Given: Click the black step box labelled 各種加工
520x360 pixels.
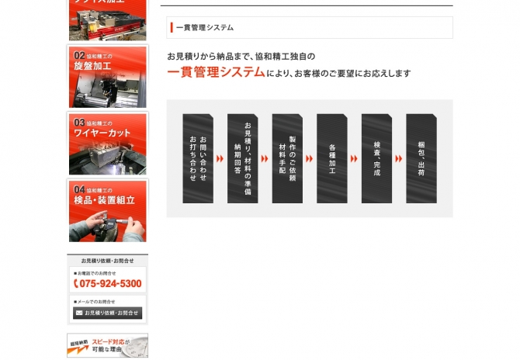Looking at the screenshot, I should coord(332,159).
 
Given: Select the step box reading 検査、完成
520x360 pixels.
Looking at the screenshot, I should coord(376,159).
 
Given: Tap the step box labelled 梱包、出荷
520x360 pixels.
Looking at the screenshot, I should coord(421,159).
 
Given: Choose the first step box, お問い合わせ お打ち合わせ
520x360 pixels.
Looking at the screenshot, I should coord(198,159).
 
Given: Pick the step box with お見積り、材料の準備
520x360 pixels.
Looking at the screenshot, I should coord(242,159).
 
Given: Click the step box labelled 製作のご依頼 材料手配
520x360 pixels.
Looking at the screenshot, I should coord(287,159).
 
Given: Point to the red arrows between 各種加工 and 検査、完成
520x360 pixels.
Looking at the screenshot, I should coord(354,159).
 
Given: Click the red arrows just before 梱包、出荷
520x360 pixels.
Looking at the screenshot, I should coord(399,159).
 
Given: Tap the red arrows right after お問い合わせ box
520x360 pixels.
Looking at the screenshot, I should coord(220,159).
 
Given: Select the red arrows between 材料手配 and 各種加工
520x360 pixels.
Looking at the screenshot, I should coord(309,159).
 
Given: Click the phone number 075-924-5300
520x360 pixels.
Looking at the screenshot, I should coord(108,284).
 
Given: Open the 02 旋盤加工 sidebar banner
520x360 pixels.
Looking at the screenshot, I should coord(107,77).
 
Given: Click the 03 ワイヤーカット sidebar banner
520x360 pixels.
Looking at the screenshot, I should coord(107,144).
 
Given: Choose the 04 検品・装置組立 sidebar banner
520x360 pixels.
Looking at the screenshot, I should coord(107,211).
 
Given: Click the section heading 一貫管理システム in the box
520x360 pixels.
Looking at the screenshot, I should coord(205,28).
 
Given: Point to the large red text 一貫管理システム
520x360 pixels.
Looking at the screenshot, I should coord(216,72).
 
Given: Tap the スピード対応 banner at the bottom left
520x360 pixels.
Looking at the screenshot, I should coord(107,346).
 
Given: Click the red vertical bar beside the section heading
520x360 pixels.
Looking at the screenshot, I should coord(171,28).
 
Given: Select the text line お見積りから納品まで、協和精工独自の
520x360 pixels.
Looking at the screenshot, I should coord(241,57).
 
